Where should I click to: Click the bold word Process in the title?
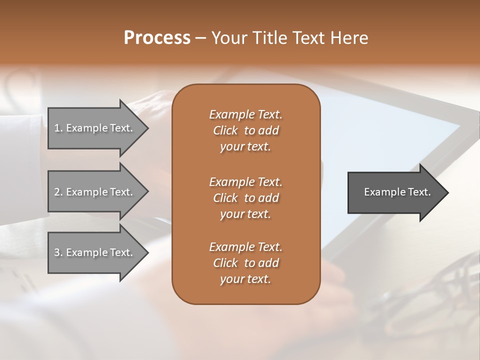pyautogui.click(x=157, y=38)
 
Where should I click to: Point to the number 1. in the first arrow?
pyautogui.click(x=58, y=128)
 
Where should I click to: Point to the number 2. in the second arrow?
pyautogui.click(x=58, y=192)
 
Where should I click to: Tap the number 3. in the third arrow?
pyautogui.click(x=58, y=252)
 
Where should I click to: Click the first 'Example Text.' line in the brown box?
pyautogui.click(x=245, y=114)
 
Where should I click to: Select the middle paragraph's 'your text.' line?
pyautogui.click(x=245, y=214)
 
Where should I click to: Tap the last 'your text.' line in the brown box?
pyautogui.click(x=245, y=279)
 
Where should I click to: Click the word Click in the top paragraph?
pyautogui.click(x=225, y=130)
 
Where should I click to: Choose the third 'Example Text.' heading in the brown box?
pyautogui.click(x=245, y=247)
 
